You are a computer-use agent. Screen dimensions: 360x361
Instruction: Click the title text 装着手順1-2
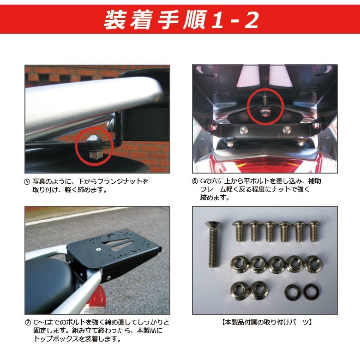click(181, 20)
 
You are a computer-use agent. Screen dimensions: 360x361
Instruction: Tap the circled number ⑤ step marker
click(27, 181)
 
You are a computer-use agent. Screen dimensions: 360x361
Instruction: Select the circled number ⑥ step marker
click(195, 181)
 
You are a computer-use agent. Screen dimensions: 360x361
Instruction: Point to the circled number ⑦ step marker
click(28, 323)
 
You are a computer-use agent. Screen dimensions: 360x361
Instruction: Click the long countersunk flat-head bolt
click(213, 244)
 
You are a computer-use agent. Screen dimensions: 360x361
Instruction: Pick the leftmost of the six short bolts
click(240, 231)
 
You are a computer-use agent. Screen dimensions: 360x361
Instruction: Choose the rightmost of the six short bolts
click(313, 231)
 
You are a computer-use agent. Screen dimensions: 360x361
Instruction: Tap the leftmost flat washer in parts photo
click(292, 292)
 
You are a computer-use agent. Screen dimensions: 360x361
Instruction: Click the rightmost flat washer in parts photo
click(311, 292)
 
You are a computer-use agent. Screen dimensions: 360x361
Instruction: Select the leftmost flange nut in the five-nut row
click(240, 265)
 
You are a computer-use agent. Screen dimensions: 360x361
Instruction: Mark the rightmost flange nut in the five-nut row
click(313, 265)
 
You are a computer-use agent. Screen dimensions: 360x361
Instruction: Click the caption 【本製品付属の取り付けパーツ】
click(267, 322)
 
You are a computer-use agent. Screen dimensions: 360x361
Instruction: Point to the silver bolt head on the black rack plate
click(99, 249)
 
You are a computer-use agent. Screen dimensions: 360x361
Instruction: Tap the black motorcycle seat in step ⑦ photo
click(49, 283)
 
